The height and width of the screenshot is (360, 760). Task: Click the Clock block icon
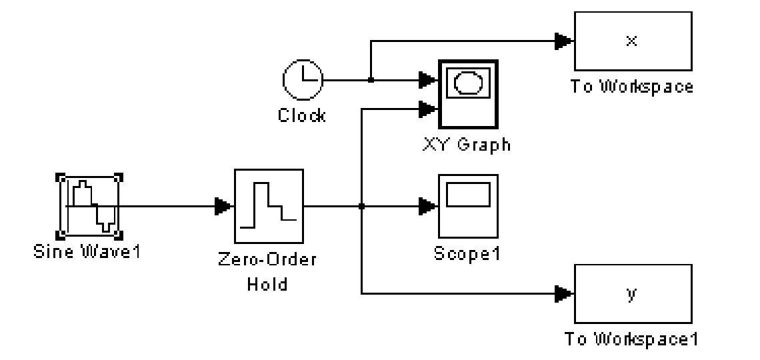click(303, 80)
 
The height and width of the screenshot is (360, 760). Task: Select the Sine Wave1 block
click(90, 206)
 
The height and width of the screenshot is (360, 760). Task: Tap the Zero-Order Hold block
click(269, 206)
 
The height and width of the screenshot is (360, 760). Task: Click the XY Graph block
click(468, 93)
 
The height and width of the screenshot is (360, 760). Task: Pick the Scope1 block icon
click(468, 206)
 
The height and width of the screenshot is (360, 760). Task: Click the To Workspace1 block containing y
click(632, 293)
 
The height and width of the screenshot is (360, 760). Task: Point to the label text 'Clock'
click(302, 115)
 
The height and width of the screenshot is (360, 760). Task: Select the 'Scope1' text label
click(467, 253)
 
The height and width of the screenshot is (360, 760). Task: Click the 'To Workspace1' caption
click(631, 339)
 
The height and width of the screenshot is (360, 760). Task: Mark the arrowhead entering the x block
click(564, 41)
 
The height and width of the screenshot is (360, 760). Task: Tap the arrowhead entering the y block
click(564, 293)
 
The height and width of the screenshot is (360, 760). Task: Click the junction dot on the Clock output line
click(371, 80)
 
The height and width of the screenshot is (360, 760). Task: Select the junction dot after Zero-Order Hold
click(361, 207)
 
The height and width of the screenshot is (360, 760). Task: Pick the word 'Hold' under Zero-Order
click(267, 284)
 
